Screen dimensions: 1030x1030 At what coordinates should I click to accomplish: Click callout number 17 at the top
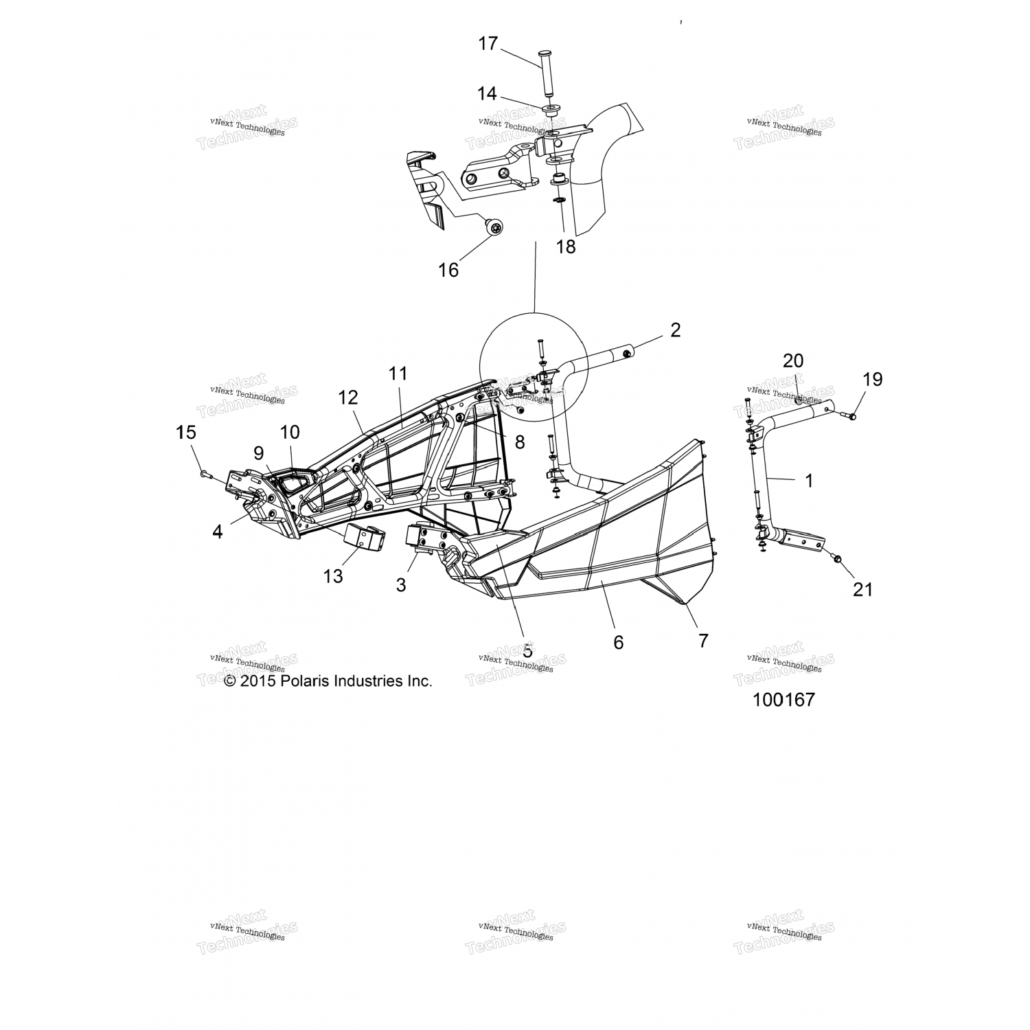point(488,44)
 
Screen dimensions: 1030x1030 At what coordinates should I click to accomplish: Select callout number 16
point(448,270)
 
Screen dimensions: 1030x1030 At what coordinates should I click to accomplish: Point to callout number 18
point(566,247)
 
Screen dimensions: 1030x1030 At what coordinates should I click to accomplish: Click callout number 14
point(487,93)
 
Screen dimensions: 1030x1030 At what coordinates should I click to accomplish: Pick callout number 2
point(675,330)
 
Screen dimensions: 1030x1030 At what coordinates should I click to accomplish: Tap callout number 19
point(873,379)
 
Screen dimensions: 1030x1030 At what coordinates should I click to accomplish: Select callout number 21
point(862,588)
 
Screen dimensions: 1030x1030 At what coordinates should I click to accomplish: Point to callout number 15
point(186,433)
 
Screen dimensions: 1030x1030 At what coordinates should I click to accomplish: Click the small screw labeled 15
point(205,474)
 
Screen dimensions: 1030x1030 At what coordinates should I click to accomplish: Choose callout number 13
point(333,576)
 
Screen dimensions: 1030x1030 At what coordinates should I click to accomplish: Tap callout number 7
point(703,640)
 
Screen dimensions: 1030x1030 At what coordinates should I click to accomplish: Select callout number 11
point(398,374)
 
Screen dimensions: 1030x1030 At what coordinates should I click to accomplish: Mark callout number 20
point(792,360)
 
